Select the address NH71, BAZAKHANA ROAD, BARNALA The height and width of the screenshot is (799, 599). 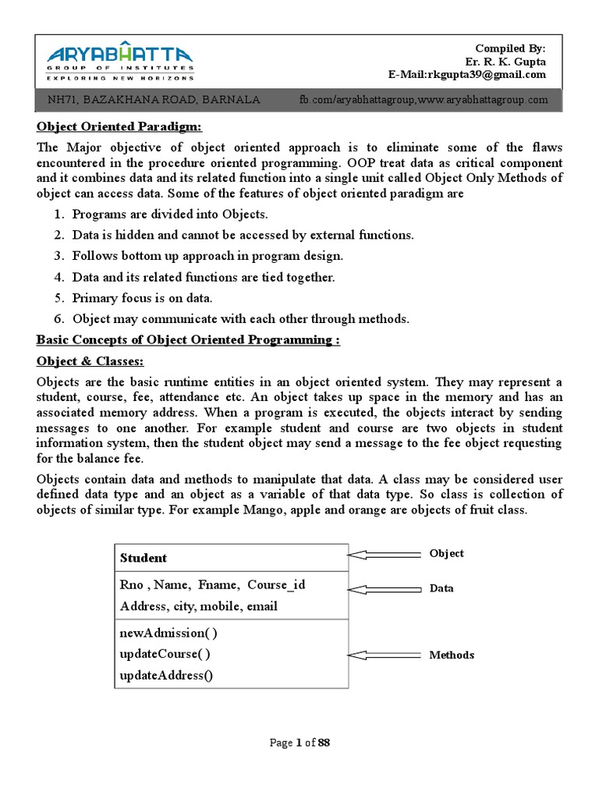[x=154, y=101]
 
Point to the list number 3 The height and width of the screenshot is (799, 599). [x=58, y=256]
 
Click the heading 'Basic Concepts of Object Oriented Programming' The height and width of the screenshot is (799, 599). [x=188, y=340]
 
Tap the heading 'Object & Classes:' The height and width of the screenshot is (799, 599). [x=90, y=362]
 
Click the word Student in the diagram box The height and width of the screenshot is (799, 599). [x=144, y=558]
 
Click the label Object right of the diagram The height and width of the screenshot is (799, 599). [x=446, y=553]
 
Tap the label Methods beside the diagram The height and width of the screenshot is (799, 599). [x=451, y=655]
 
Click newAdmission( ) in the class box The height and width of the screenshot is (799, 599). [x=168, y=633]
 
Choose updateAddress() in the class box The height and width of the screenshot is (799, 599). [x=166, y=676]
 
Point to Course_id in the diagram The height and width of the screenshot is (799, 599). [x=276, y=585]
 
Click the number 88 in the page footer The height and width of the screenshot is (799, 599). [x=324, y=743]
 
